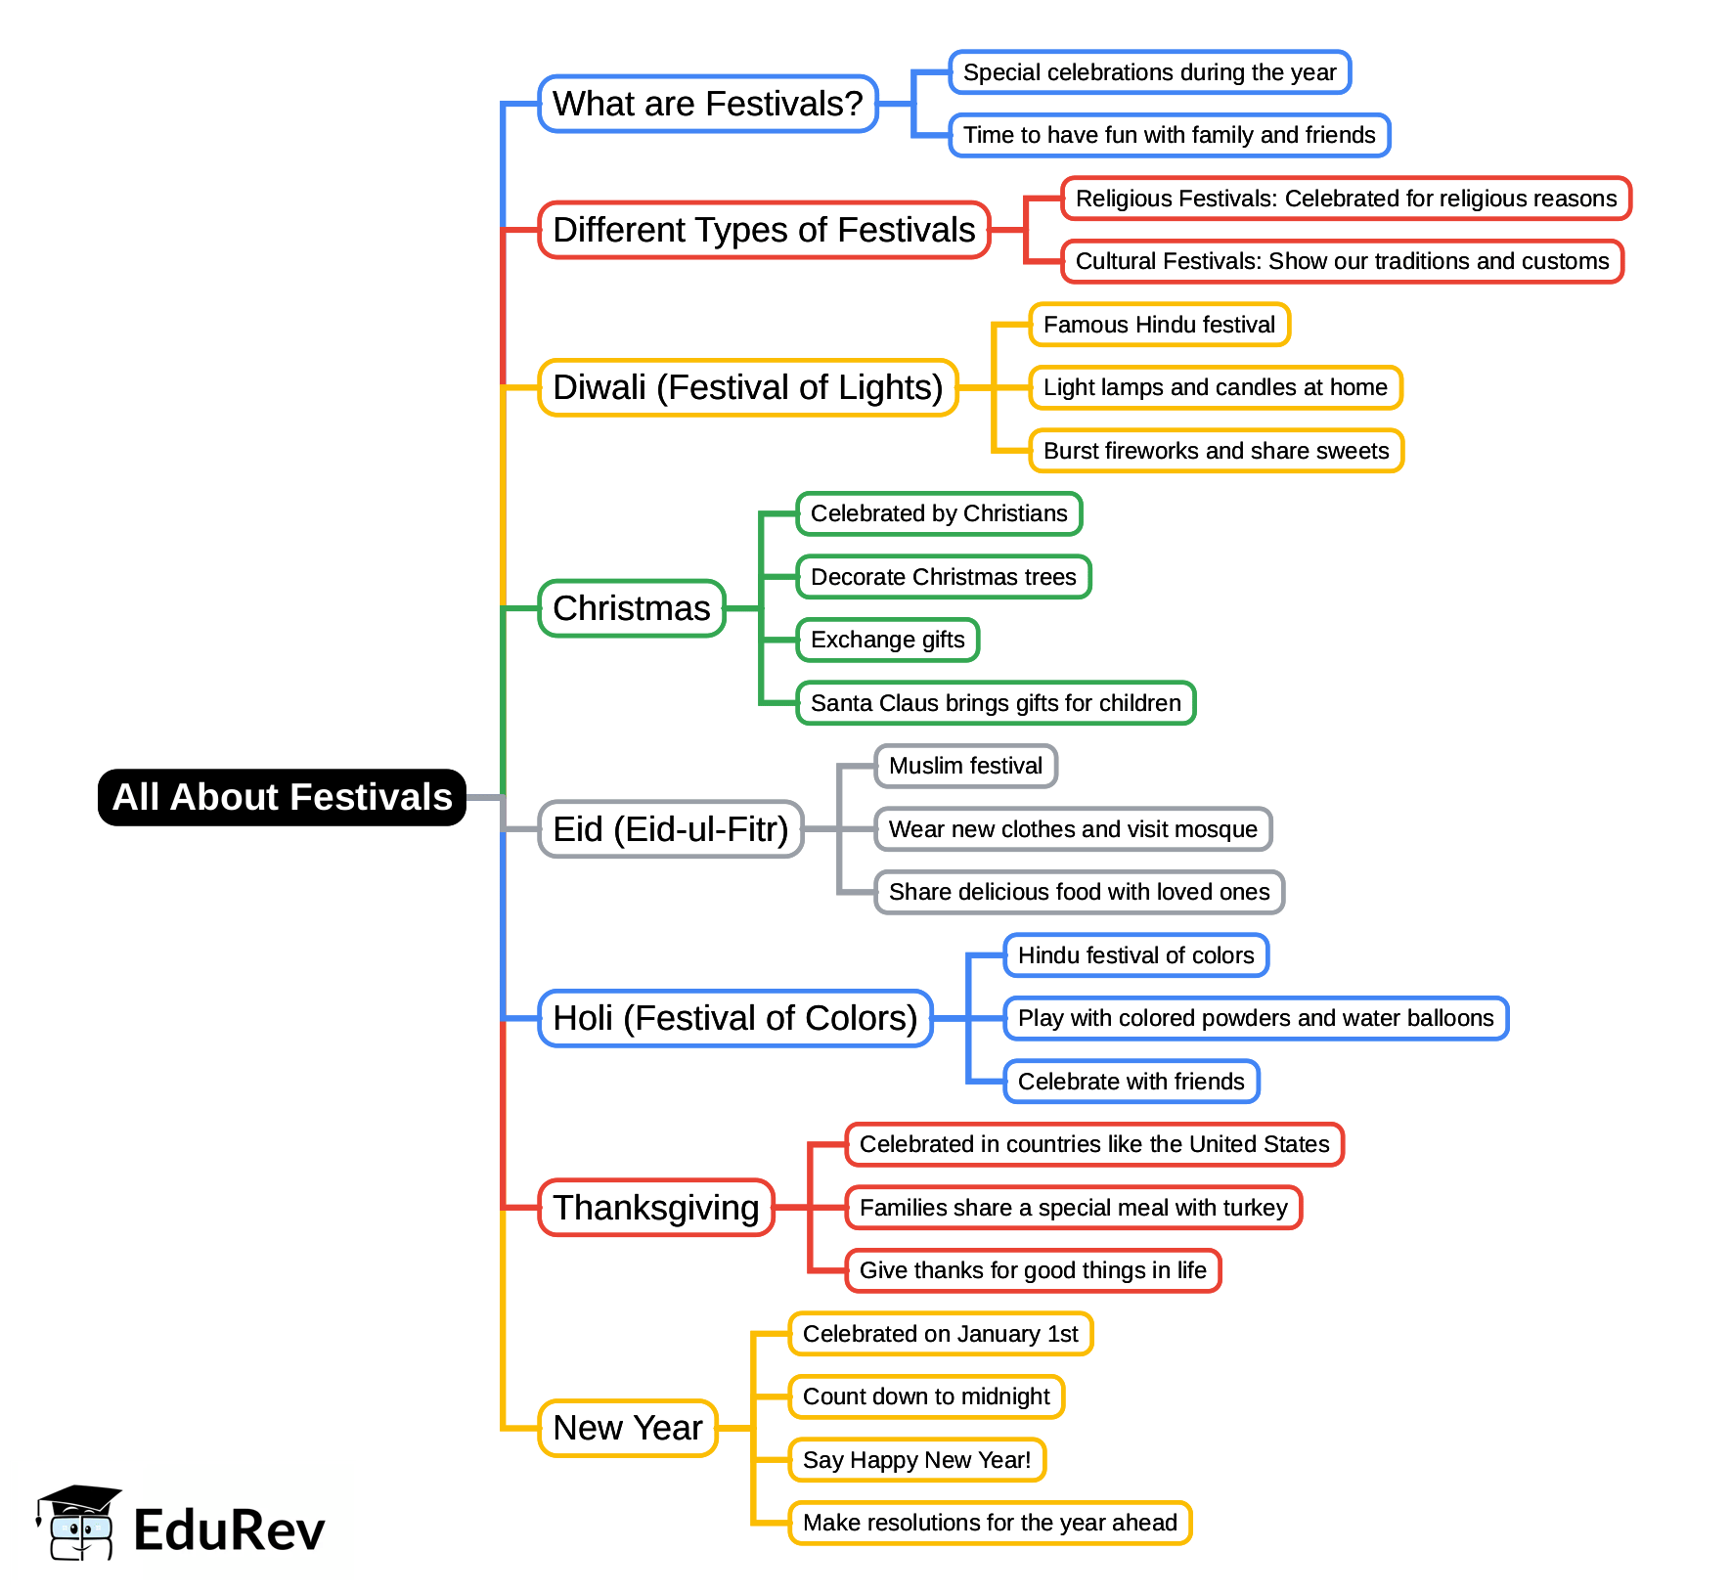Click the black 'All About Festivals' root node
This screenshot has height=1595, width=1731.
tap(282, 797)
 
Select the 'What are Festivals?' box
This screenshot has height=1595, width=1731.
tap(707, 104)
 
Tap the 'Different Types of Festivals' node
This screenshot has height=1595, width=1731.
tap(764, 230)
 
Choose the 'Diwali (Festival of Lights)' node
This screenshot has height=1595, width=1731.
tap(747, 387)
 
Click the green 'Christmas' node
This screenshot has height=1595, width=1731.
tap(632, 608)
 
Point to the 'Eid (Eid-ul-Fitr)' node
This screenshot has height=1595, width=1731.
tap(670, 829)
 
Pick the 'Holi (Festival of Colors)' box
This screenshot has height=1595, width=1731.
tap(734, 1018)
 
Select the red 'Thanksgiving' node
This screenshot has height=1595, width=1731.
tap(655, 1208)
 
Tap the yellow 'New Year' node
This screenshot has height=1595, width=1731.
tap(628, 1428)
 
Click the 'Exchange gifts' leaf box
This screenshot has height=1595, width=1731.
tap(887, 640)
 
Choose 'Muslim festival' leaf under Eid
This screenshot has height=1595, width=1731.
tap(965, 766)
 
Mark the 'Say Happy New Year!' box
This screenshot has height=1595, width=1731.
tap(916, 1460)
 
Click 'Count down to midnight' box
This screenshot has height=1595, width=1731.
tap(926, 1396)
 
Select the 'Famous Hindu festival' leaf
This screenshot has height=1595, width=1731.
tap(1159, 325)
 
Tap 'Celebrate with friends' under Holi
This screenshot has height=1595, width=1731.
tap(1131, 1082)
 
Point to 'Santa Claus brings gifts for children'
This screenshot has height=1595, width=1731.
tap(996, 703)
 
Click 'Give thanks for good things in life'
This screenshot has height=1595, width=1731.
tap(1033, 1270)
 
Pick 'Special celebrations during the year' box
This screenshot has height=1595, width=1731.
tap(1149, 72)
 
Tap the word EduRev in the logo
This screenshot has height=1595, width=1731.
tap(229, 1530)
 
